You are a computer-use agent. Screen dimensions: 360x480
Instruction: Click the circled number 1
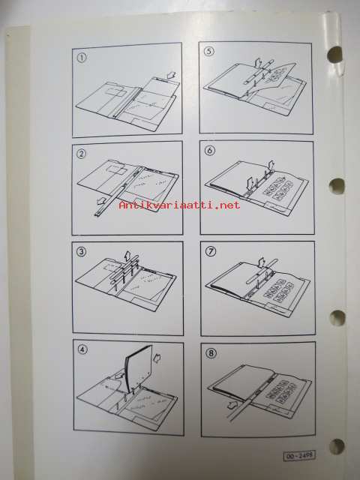82,58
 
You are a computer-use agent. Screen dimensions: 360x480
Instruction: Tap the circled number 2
81,154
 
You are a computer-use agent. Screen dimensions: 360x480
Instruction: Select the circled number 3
82,252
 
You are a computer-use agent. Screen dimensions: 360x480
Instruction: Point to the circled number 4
82,349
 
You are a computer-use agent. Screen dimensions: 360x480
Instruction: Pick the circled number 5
208,51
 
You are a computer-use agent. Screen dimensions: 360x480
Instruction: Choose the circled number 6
210,150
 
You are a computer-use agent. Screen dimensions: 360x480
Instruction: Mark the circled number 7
211,251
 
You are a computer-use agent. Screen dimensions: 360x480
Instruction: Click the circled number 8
211,353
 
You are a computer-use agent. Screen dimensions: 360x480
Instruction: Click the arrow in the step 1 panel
172,76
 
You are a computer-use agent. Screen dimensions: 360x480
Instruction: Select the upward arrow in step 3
127,256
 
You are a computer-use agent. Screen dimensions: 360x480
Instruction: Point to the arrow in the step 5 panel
259,63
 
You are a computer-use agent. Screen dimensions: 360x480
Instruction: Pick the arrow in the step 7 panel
262,262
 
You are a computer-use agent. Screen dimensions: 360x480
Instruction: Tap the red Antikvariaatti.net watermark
180,205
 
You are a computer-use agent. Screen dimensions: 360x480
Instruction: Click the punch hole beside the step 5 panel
334,55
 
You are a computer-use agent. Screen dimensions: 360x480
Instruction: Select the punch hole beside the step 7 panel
337,317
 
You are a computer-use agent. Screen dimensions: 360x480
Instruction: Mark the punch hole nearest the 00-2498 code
337,446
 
